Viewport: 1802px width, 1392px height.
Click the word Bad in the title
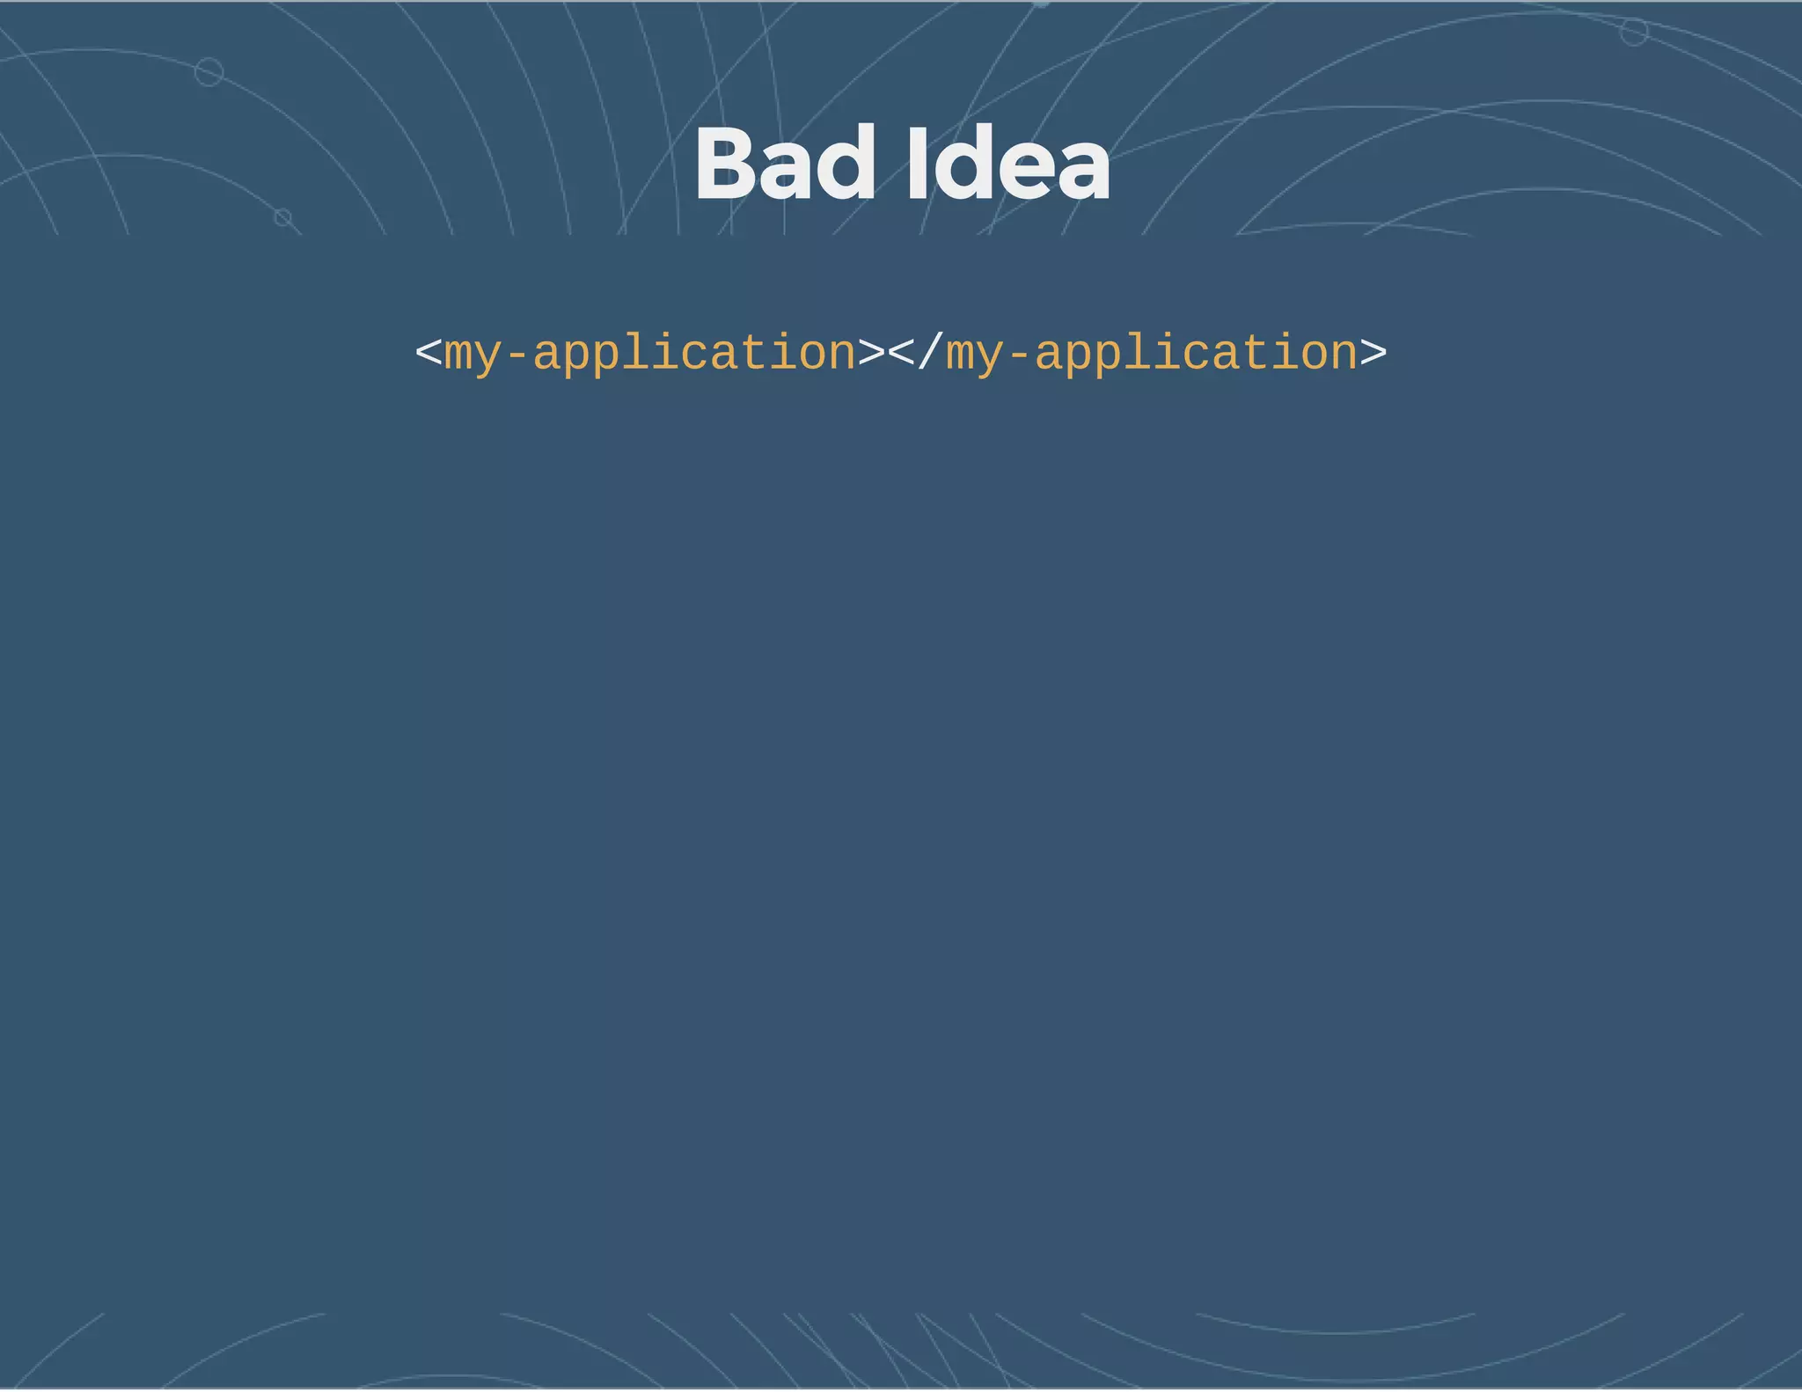coord(786,165)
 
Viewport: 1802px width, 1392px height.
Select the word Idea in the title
coord(1008,165)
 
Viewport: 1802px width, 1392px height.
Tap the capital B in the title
coord(727,165)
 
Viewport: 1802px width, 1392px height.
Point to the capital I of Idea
coord(917,165)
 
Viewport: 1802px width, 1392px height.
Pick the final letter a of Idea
coord(1083,172)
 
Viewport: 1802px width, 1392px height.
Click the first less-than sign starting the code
coord(429,353)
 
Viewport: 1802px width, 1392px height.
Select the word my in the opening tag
coord(472,355)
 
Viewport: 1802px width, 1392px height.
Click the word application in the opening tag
coord(694,355)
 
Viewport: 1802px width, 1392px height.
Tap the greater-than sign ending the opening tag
coord(871,353)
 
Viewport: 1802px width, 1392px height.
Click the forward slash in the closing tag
coord(929,352)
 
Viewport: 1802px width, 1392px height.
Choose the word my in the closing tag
coord(974,355)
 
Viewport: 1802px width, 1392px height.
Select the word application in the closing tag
coord(1196,355)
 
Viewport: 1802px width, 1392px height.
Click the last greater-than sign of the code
coord(1373,353)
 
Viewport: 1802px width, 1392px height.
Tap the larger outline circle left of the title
coord(209,71)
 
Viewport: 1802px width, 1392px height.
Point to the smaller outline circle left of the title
coord(282,216)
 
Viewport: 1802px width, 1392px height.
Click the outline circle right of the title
coord(1634,33)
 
